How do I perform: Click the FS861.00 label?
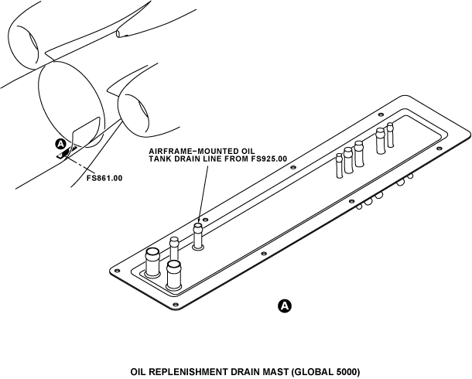coord(104,178)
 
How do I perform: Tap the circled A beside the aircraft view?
coord(61,144)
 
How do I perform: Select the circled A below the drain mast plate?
coord(285,306)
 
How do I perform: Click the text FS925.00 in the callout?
coord(269,159)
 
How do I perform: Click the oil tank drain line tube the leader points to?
coord(198,236)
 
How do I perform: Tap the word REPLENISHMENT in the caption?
coord(176,372)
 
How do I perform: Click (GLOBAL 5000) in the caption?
coord(326,372)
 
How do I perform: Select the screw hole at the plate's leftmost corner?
coord(117,270)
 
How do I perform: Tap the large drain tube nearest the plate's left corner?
coord(153,262)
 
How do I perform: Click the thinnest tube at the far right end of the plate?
coord(391,135)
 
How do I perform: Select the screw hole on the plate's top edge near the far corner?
coord(381,114)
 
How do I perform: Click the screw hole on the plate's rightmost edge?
coord(439,149)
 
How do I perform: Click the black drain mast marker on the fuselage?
coord(67,152)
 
